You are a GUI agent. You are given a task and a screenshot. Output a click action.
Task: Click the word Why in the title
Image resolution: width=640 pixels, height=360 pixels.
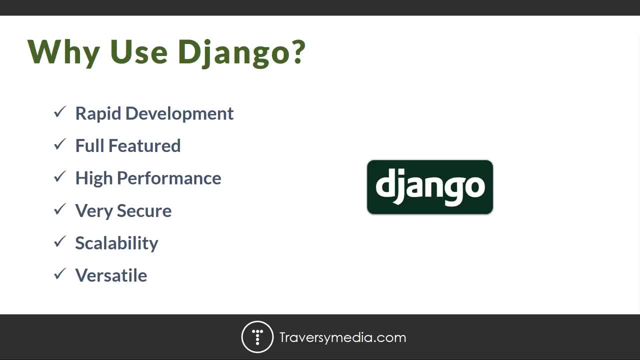63,53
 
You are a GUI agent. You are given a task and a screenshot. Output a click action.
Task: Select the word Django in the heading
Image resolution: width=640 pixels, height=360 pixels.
234,53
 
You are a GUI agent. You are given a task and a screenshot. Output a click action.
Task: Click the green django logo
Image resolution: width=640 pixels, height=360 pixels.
430,187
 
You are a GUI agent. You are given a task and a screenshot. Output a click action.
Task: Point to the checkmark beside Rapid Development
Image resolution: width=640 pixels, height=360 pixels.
60,111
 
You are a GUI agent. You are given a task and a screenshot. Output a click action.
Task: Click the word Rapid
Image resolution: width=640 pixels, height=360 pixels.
98,114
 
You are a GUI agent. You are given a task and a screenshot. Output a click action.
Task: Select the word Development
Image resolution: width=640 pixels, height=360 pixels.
179,114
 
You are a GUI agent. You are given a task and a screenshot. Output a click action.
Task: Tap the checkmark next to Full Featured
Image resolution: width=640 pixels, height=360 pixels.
60,144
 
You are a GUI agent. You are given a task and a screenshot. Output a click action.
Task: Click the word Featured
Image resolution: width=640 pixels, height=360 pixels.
144,145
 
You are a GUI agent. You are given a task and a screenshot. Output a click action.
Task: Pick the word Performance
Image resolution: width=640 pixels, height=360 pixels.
169,178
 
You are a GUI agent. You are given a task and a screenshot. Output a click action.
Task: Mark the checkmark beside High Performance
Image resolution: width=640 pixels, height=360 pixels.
60,176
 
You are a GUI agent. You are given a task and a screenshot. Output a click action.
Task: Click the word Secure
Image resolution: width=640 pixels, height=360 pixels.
144,211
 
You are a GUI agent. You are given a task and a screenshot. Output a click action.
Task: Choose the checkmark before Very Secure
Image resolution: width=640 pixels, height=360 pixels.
60,209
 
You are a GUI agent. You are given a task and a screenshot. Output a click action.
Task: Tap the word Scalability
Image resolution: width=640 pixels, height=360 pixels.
116,243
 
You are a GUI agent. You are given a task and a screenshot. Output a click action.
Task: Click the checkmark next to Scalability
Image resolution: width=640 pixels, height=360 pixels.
60,241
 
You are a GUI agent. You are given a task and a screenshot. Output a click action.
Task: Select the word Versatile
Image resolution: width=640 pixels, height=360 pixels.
111,275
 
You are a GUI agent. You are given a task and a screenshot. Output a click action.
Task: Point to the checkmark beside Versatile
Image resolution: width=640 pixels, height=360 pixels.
60,274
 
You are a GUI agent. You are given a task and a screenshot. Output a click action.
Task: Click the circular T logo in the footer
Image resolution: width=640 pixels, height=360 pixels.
257,337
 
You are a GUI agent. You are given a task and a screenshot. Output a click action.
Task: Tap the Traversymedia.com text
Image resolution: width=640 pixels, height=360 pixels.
342,337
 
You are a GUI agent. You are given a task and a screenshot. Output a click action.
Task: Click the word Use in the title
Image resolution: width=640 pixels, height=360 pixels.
138,51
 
